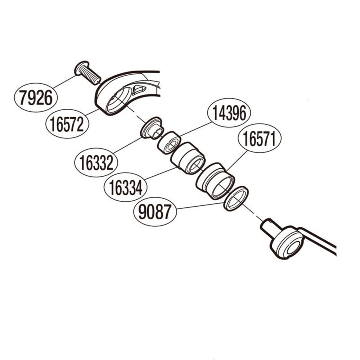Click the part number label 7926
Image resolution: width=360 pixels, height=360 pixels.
tap(36, 98)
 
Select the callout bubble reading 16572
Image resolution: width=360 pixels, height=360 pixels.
tap(67, 124)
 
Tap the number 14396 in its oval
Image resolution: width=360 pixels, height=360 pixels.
tap(229, 113)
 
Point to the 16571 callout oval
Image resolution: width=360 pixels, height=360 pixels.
tap(260, 138)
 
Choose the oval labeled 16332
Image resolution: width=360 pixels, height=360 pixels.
tap(96, 162)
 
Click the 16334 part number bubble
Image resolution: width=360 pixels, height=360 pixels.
tap(126, 187)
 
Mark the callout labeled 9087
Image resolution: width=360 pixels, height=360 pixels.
tap(155, 211)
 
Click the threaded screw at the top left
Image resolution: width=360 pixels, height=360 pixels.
tap(88, 73)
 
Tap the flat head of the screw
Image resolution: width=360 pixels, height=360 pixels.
tap(81, 67)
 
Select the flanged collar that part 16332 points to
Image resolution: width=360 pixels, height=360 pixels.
tap(152, 128)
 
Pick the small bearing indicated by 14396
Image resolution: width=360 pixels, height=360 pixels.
tap(169, 142)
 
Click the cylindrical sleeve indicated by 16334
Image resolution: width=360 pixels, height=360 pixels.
tap(188, 158)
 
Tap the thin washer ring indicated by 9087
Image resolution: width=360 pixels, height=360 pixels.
tap(236, 199)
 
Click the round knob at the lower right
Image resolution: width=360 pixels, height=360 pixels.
tap(288, 243)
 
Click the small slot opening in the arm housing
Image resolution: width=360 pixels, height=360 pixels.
tap(139, 90)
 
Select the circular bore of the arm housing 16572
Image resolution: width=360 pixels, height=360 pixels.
tap(119, 100)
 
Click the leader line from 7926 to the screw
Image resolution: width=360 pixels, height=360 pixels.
tap(65, 82)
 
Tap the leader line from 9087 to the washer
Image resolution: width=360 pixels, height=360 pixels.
tap(200, 206)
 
